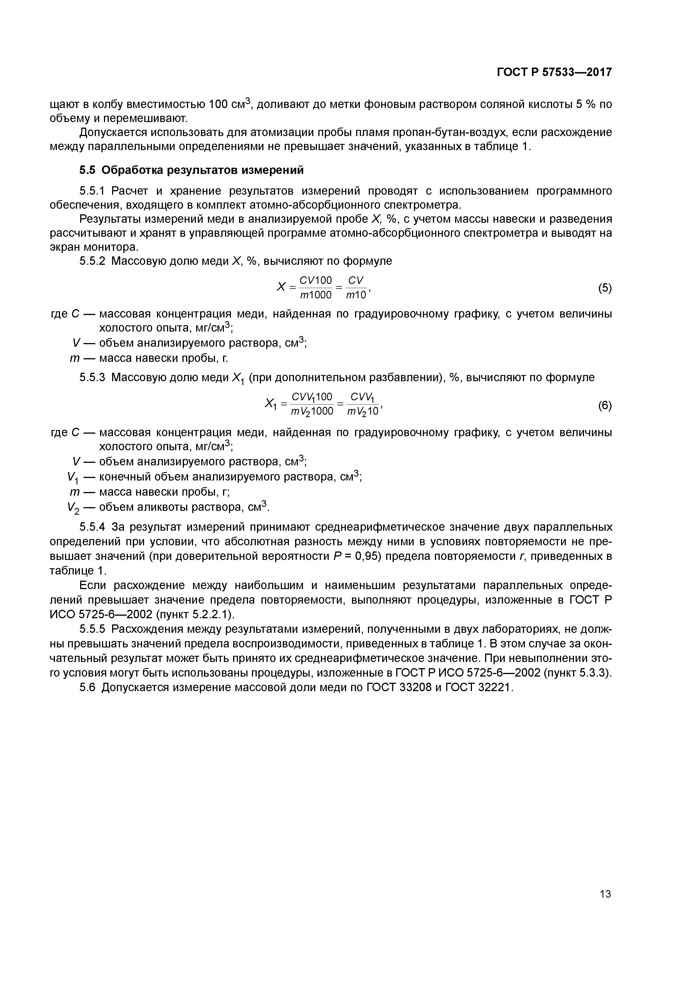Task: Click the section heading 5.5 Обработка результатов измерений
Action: (191, 170)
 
